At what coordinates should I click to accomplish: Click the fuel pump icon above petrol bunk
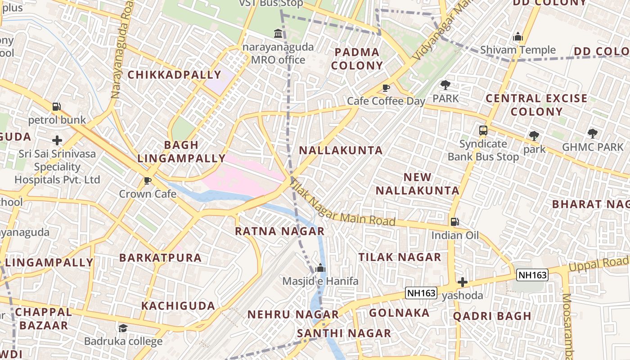[x=57, y=107]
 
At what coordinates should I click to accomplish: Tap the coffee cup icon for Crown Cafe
[x=147, y=181]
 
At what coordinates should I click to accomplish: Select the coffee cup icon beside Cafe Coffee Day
[x=386, y=88]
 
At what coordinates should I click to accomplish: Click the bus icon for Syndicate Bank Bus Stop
[x=483, y=131]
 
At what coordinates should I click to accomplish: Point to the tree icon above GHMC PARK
[x=593, y=133]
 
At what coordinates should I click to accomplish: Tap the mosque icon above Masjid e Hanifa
[x=320, y=268]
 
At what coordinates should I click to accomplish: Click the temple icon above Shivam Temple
[x=518, y=36]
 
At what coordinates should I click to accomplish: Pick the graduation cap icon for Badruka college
[x=123, y=328]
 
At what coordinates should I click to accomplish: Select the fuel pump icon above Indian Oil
[x=455, y=222]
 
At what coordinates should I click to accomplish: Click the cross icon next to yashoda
[x=463, y=282]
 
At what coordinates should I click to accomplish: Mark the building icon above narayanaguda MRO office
[x=278, y=33]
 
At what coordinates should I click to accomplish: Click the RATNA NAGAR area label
[x=279, y=231]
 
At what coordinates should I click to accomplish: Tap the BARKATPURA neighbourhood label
[x=160, y=258]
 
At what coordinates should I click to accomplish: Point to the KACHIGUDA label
[x=178, y=306]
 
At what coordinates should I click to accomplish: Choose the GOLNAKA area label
[x=399, y=313]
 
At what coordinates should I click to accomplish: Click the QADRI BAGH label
[x=492, y=316]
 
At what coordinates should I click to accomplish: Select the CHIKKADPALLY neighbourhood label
[x=175, y=75]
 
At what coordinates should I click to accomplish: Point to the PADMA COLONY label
[x=357, y=59]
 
